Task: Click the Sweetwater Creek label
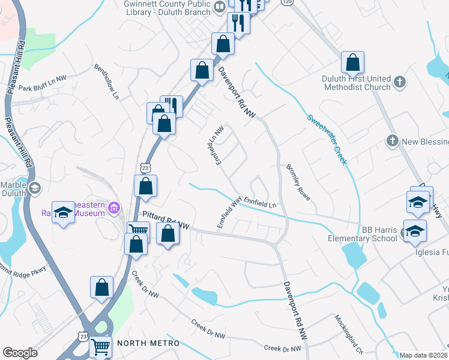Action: (328, 139)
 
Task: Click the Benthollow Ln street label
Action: (107, 82)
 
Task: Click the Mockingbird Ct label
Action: (349, 334)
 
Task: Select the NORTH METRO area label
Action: (148, 343)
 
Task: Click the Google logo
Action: (20, 353)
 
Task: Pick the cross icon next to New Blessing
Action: (392, 141)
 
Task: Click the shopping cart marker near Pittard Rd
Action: (139, 230)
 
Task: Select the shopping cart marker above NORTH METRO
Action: (100, 346)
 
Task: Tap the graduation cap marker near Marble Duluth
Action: (62, 212)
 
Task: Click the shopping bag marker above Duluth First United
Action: (352, 61)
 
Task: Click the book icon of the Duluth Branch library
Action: (220, 6)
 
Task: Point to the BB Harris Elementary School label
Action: (362, 234)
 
